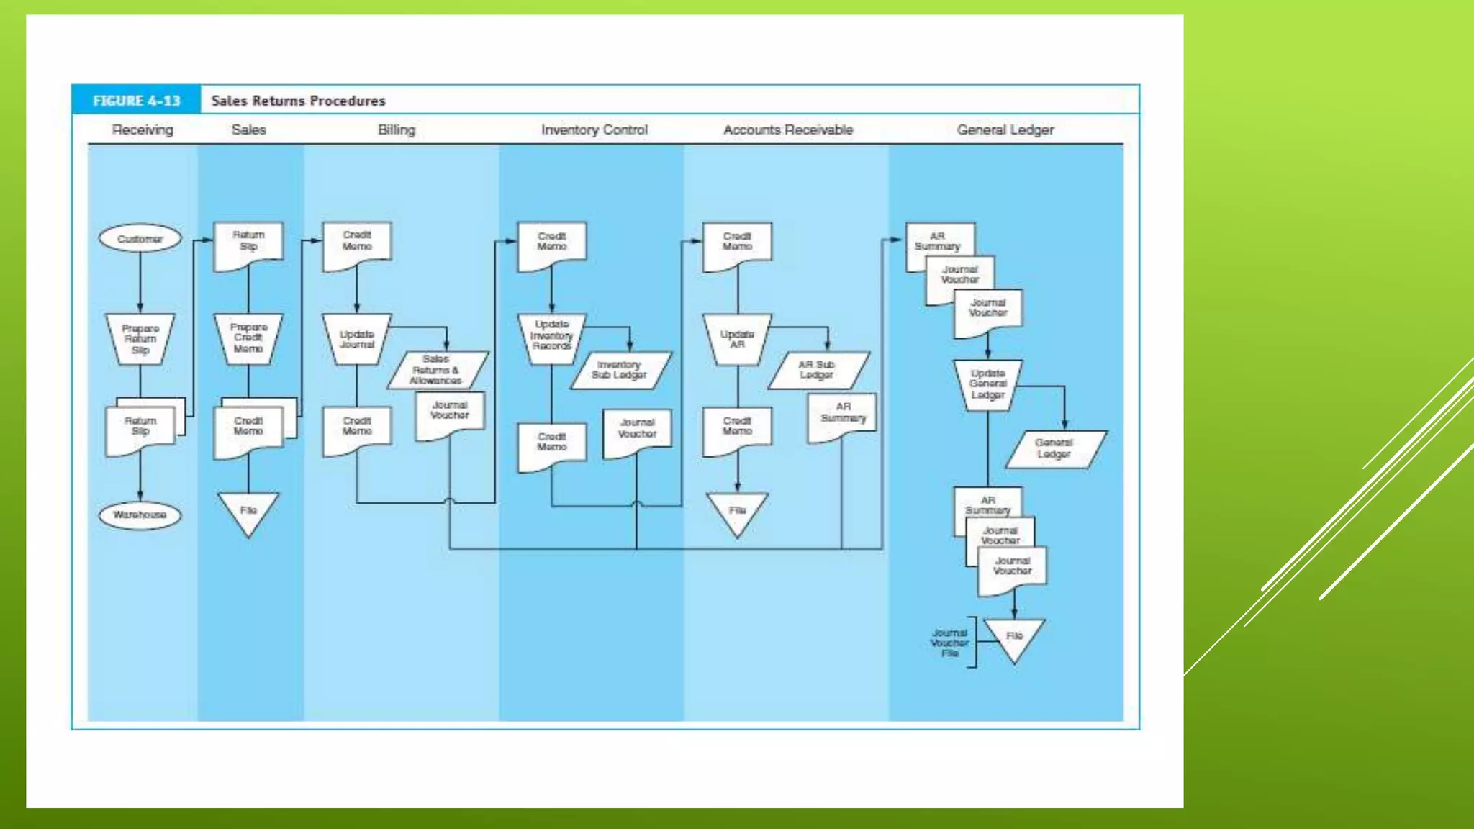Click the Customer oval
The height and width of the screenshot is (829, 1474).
pos(140,238)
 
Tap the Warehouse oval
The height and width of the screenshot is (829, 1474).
pos(140,515)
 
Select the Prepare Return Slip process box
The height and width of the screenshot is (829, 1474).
pos(140,339)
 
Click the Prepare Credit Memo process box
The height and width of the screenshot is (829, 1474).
pos(248,338)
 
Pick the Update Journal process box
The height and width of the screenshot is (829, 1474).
pos(357,339)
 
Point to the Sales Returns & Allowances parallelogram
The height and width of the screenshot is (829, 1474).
pos(437,370)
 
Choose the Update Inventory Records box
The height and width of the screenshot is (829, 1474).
pos(552,336)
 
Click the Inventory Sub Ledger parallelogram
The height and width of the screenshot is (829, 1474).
pos(620,370)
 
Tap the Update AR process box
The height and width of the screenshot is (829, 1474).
pos(737,339)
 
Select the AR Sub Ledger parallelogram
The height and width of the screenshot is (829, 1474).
pos(818,370)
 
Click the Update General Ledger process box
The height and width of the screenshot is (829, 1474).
pos(987,384)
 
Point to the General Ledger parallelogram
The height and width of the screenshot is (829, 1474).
pos(1054,448)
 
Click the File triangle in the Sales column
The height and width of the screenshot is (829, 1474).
pos(248,512)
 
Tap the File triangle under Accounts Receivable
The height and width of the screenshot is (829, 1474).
pos(737,512)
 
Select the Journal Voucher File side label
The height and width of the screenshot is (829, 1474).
pos(949,643)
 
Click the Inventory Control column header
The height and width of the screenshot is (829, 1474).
pos(594,130)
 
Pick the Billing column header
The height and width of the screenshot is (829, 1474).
pos(397,130)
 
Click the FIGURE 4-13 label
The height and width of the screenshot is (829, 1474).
pos(136,101)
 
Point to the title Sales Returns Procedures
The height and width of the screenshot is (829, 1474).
pos(299,101)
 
